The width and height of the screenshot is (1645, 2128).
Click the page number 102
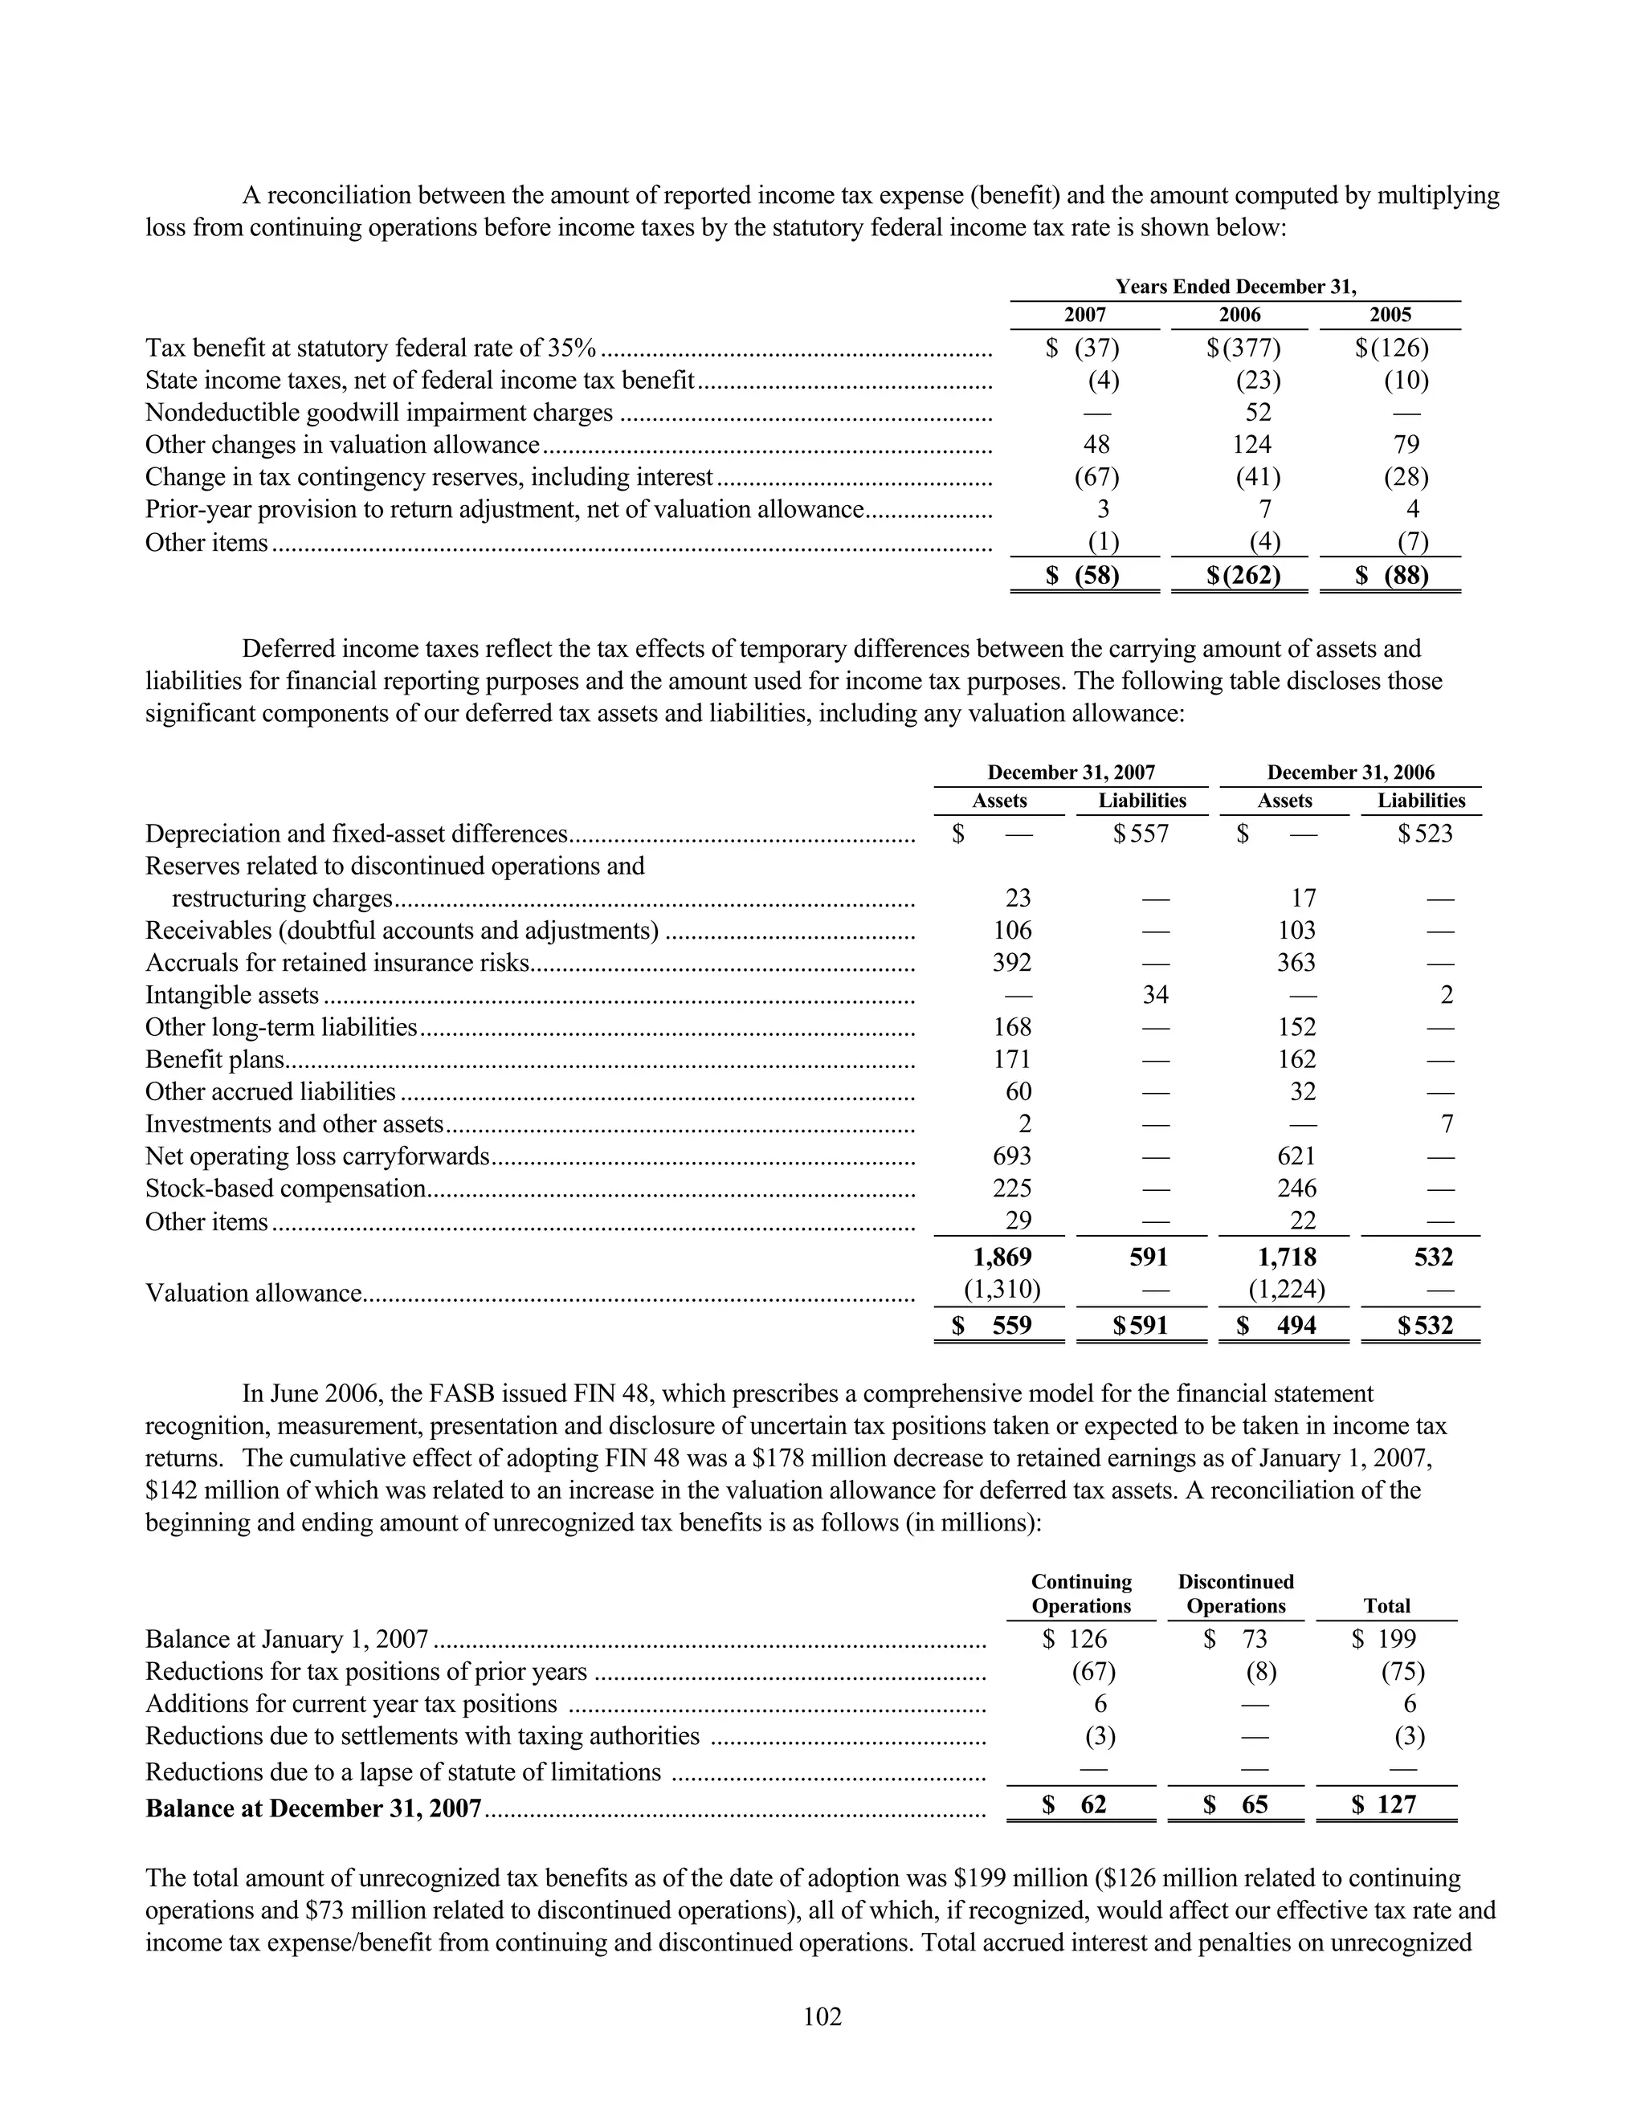(822, 2016)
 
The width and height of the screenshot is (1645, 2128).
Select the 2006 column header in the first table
(1239, 315)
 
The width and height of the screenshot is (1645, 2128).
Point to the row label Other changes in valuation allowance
(342, 446)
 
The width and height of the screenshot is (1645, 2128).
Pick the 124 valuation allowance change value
(1251, 446)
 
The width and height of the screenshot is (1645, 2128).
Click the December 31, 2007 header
(1071, 773)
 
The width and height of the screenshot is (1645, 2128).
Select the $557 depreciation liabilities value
(1142, 834)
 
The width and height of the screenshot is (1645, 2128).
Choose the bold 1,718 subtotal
(1287, 1257)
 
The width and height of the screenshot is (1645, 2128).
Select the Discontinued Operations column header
(1235, 1593)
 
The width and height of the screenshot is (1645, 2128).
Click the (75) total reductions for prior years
(1402, 1672)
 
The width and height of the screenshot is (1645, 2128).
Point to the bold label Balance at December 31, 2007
(314, 1808)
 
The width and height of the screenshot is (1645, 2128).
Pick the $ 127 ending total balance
(1385, 1804)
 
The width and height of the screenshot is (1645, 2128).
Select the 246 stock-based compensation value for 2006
(1296, 1188)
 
